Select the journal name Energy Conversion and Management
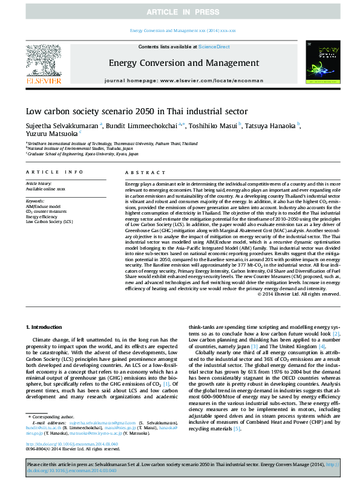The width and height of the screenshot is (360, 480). click(x=183, y=62)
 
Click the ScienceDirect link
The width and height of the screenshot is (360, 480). click(x=214, y=47)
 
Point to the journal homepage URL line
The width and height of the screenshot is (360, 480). click(x=183, y=80)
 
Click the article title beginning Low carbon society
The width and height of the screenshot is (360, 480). click(x=137, y=111)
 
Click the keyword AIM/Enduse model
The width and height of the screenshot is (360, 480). click(x=42, y=206)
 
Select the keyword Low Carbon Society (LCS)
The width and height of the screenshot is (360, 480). click(x=49, y=222)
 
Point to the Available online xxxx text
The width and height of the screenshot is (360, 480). click(x=45, y=189)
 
